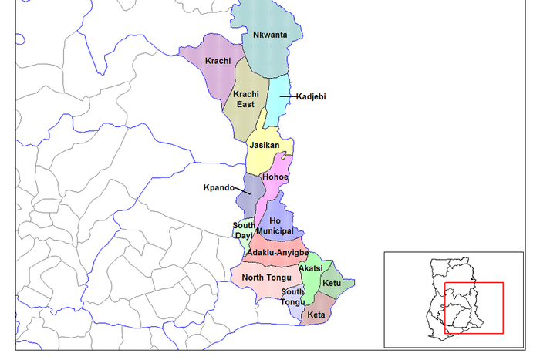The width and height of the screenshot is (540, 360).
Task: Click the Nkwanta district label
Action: coord(265,35)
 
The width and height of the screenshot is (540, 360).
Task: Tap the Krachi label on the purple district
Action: coord(218,61)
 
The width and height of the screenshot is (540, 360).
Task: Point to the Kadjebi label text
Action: coord(311,96)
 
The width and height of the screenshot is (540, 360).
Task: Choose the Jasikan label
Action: coord(264,145)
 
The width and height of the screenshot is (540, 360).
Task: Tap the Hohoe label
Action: coord(275,177)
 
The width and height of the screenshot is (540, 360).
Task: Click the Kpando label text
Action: coord(218,187)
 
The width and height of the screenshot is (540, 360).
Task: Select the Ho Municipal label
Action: coord(275,226)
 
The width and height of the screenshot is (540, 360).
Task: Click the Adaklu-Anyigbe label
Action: coord(278,253)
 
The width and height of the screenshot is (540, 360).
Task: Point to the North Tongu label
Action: coord(266,278)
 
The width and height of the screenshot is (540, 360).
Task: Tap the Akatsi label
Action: coord(311,267)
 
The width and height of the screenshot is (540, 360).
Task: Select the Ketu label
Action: coord(332,284)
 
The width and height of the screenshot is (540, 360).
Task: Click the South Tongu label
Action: coord(292,297)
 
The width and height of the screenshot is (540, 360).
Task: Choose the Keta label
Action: coord(316,315)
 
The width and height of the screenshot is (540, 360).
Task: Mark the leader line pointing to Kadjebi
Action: coord(285,96)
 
